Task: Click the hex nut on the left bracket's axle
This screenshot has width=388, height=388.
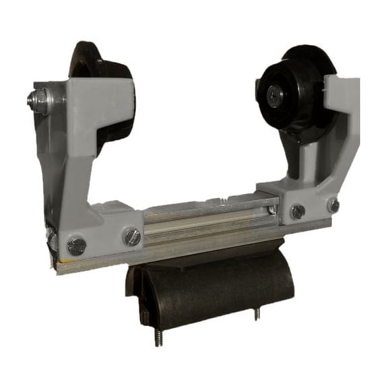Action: click(x=39, y=101)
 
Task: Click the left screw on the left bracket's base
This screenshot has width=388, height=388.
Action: click(x=77, y=246)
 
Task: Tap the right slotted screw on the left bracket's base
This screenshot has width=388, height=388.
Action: click(x=132, y=236)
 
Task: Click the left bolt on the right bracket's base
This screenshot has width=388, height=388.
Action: click(x=297, y=212)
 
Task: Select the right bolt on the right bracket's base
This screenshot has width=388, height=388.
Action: click(x=333, y=205)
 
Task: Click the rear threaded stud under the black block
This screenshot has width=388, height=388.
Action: click(x=257, y=313)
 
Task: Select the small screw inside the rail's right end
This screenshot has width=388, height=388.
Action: click(x=270, y=210)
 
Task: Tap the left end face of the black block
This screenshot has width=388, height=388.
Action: click(x=135, y=290)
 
